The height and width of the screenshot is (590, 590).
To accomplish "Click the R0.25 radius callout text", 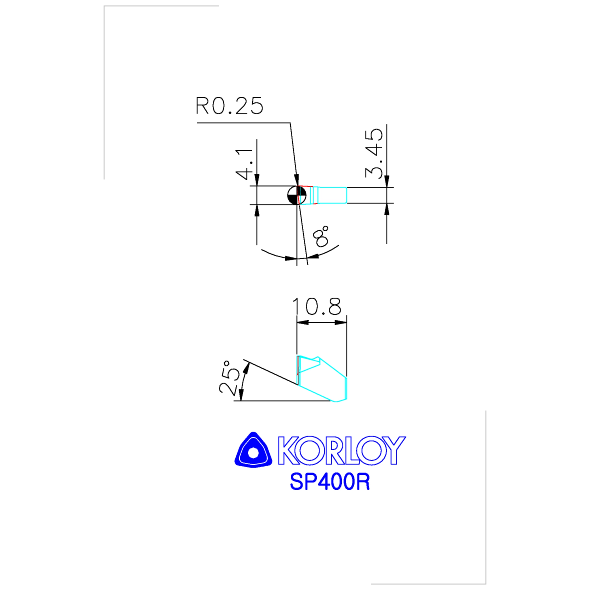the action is pyautogui.click(x=229, y=106).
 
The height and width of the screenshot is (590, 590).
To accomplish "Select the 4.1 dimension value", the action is pyautogui.click(x=244, y=164).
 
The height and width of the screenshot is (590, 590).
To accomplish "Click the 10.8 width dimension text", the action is pyautogui.click(x=317, y=306).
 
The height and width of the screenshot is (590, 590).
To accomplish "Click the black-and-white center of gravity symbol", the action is pyautogui.click(x=296, y=195).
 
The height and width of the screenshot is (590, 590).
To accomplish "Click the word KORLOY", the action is pyautogui.click(x=342, y=451).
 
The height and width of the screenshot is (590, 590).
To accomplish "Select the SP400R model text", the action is pyautogui.click(x=330, y=482).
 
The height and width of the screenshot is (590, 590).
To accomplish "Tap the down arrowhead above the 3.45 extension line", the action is pyautogui.click(x=387, y=181).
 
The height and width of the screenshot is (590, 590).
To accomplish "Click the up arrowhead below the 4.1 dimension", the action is pyautogui.click(x=257, y=210).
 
